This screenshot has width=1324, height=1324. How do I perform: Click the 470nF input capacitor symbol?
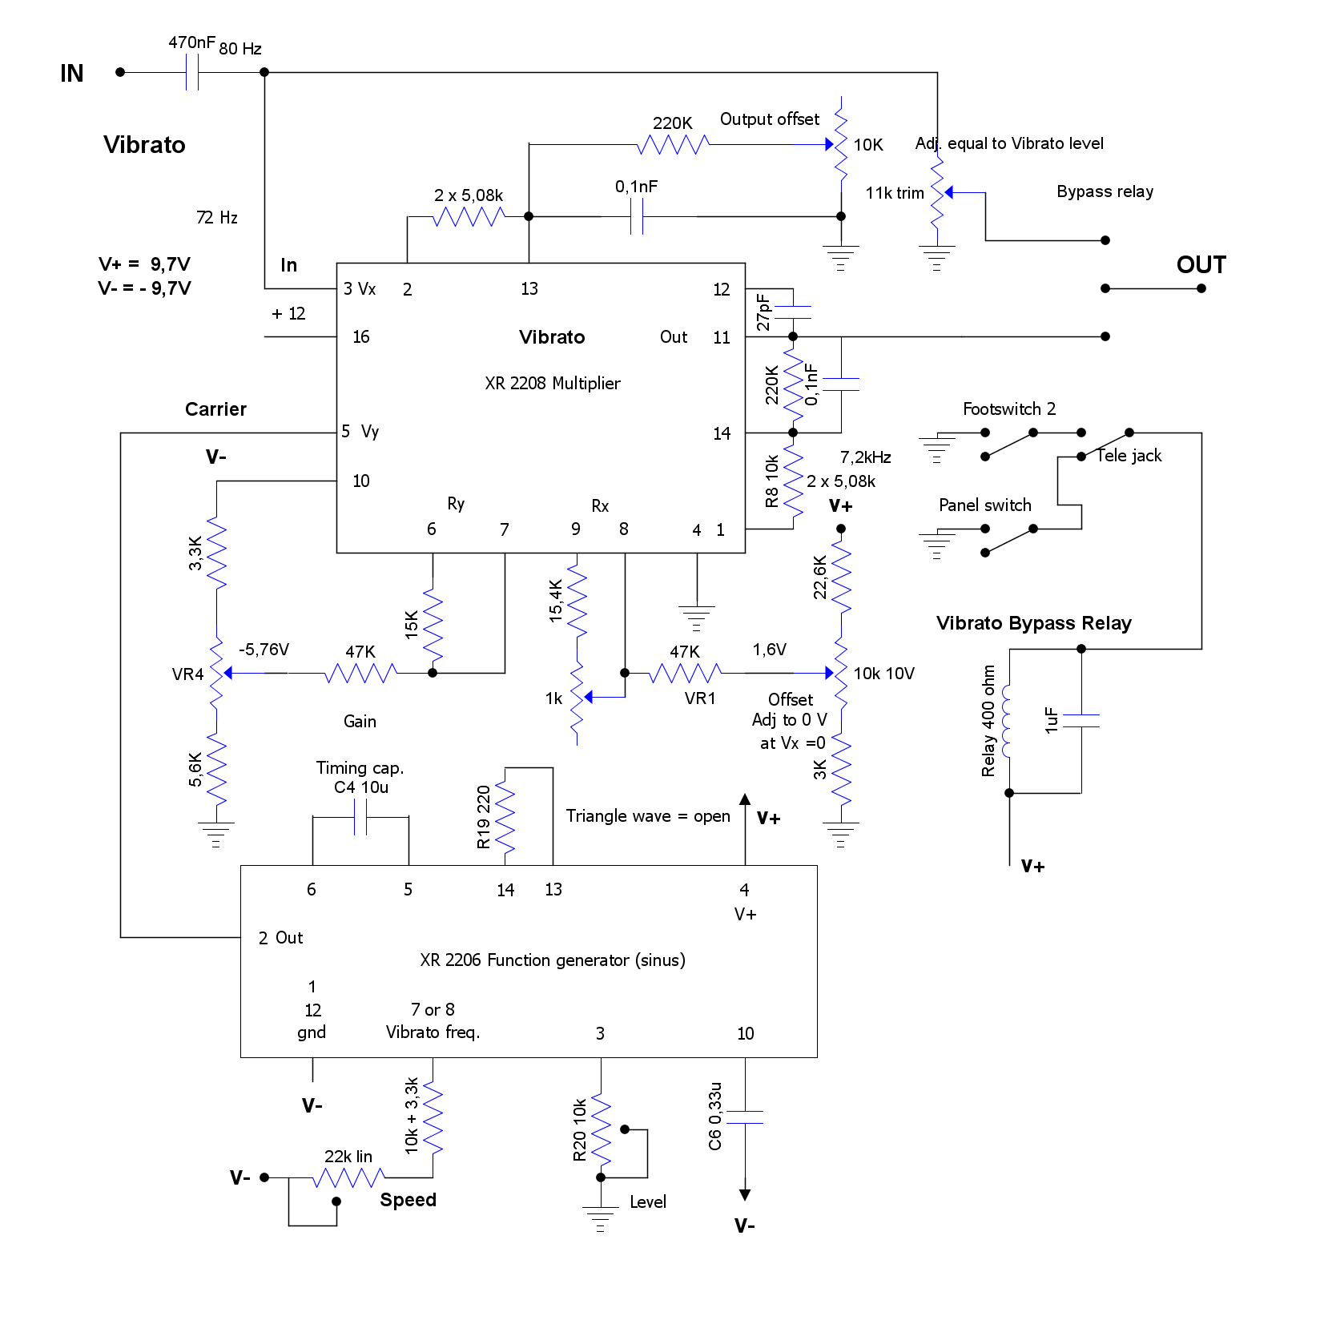click(192, 72)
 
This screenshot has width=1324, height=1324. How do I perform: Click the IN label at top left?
click(72, 74)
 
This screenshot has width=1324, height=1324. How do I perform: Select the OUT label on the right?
click(1201, 265)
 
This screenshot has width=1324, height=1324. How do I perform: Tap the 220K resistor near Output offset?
click(673, 144)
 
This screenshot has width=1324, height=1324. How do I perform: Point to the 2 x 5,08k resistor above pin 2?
click(469, 216)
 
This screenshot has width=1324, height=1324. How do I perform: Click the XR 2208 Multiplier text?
click(552, 384)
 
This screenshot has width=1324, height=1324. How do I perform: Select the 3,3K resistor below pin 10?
click(216, 553)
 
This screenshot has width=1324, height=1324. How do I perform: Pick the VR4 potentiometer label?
click(187, 674)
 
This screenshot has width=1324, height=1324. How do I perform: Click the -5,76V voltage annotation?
click(264, 650)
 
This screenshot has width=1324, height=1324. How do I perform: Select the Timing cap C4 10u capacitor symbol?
click(360, 818)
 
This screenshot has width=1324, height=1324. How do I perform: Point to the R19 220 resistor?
click(505, 817)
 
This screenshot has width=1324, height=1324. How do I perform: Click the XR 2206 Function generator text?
click(552, 960)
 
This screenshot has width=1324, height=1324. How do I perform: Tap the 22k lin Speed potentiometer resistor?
click(348, 1177)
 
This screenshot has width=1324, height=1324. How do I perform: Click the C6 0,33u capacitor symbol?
click(745, 1117)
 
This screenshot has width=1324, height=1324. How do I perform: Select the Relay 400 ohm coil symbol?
click(1008, 721)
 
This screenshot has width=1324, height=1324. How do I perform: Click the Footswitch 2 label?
click(1008, 409)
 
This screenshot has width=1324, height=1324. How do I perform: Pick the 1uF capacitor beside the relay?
click(1081, 720)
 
